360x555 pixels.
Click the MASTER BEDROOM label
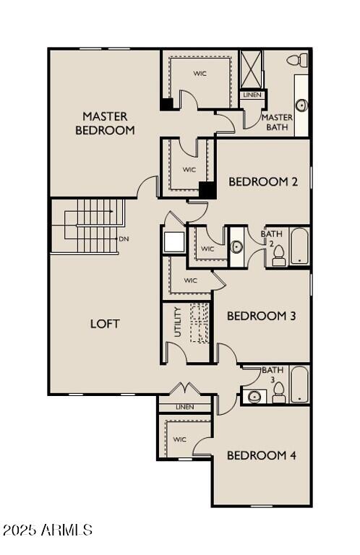[x=105, y=124]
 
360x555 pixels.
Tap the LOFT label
[x=105, y=324]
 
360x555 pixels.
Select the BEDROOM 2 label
[x=263, y=182]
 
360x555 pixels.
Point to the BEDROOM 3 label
[x=261, y=316]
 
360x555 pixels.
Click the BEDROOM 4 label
[x=261, y=455]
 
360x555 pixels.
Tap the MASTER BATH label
[x=277, y=122]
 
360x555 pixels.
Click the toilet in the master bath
[x=296, y=60]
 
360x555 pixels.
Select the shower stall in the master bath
[x=252, y=69]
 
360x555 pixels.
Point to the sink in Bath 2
[x=237, y=247]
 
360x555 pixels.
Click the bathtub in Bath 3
[x=299, y=384]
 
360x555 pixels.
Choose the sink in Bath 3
[x=254, y=396]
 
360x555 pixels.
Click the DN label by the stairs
[x=124, y=238]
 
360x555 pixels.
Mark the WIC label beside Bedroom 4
[x=180, y=439]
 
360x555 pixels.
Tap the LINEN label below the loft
[x=186, y=408]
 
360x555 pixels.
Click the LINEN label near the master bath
[x=252, y=95]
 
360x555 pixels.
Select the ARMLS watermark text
[x=48, y=530]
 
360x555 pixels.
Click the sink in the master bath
[x=301, y=105]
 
